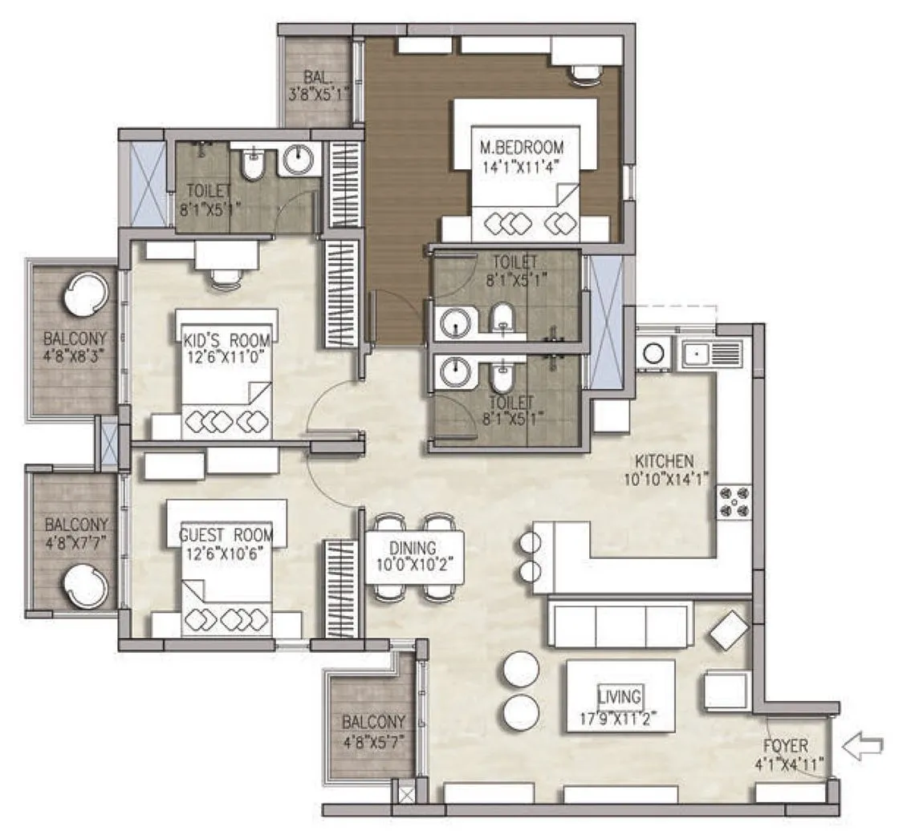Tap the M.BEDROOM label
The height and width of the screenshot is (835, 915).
tap(521, 148)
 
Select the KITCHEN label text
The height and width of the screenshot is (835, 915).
tap(664, 462)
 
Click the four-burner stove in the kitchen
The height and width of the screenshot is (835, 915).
tap(734, 502)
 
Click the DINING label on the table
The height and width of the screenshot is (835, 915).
tap(413, 548)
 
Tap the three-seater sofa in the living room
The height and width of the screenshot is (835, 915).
tap(620, 624)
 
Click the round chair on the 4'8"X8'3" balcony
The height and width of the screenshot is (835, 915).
tap(83, 293)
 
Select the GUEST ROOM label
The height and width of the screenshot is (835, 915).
tap(226, 535)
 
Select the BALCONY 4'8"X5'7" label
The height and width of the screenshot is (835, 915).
tap(373, 722)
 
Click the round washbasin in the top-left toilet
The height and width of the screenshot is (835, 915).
tap(299, 158)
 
